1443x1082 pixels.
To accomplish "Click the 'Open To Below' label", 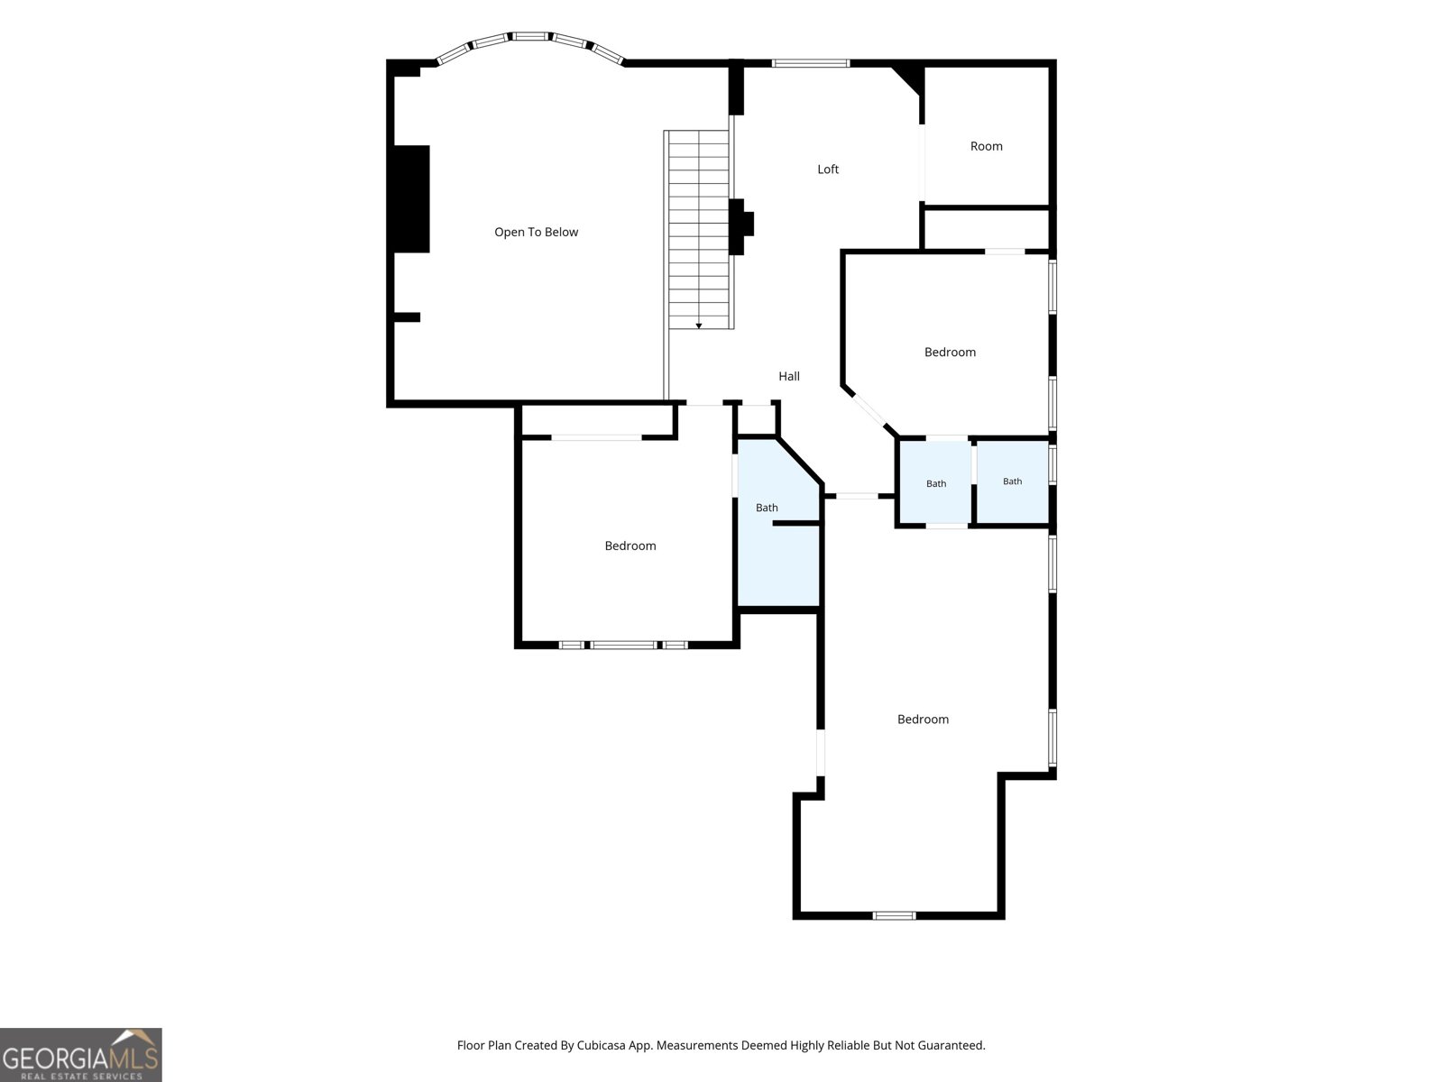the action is tap(536, 232).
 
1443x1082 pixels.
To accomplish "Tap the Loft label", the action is tap(828, 170).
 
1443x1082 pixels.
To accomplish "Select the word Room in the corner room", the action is tap(986, 146).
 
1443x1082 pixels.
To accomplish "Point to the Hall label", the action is tap(789, 376).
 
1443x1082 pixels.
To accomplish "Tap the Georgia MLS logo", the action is tap(81, 1054).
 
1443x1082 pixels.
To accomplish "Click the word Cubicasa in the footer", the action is tap(601, 1045).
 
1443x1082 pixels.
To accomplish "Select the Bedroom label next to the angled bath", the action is tap(630, 546).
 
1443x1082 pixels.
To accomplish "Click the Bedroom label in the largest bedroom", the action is tap(923, 720).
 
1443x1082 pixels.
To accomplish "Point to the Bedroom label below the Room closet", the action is tap(950, 353).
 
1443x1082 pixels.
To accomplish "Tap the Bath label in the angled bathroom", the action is tap(767, 508).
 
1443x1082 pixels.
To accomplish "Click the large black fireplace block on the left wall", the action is tap(411, 199).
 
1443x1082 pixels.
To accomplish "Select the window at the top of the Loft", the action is tap(811, 64).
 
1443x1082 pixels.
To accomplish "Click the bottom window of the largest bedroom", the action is tap(894, 916).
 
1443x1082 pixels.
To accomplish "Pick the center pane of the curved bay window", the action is tap(531, 37).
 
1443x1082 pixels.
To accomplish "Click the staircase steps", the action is tap(699, 230).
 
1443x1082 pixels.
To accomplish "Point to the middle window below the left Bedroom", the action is tap(623, 645).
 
